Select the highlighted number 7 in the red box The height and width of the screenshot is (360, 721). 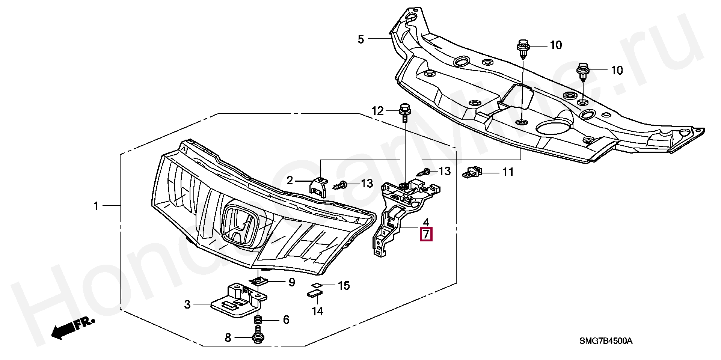coord(426,234)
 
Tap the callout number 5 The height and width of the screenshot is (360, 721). coord(361,39)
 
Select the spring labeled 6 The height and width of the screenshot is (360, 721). coord(258,320)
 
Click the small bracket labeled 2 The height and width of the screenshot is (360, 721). coord(317,187)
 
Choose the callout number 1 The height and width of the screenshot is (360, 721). coord(96,206)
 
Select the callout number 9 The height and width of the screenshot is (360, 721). coord(291,282)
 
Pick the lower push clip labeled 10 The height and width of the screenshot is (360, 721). coord(582,71)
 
